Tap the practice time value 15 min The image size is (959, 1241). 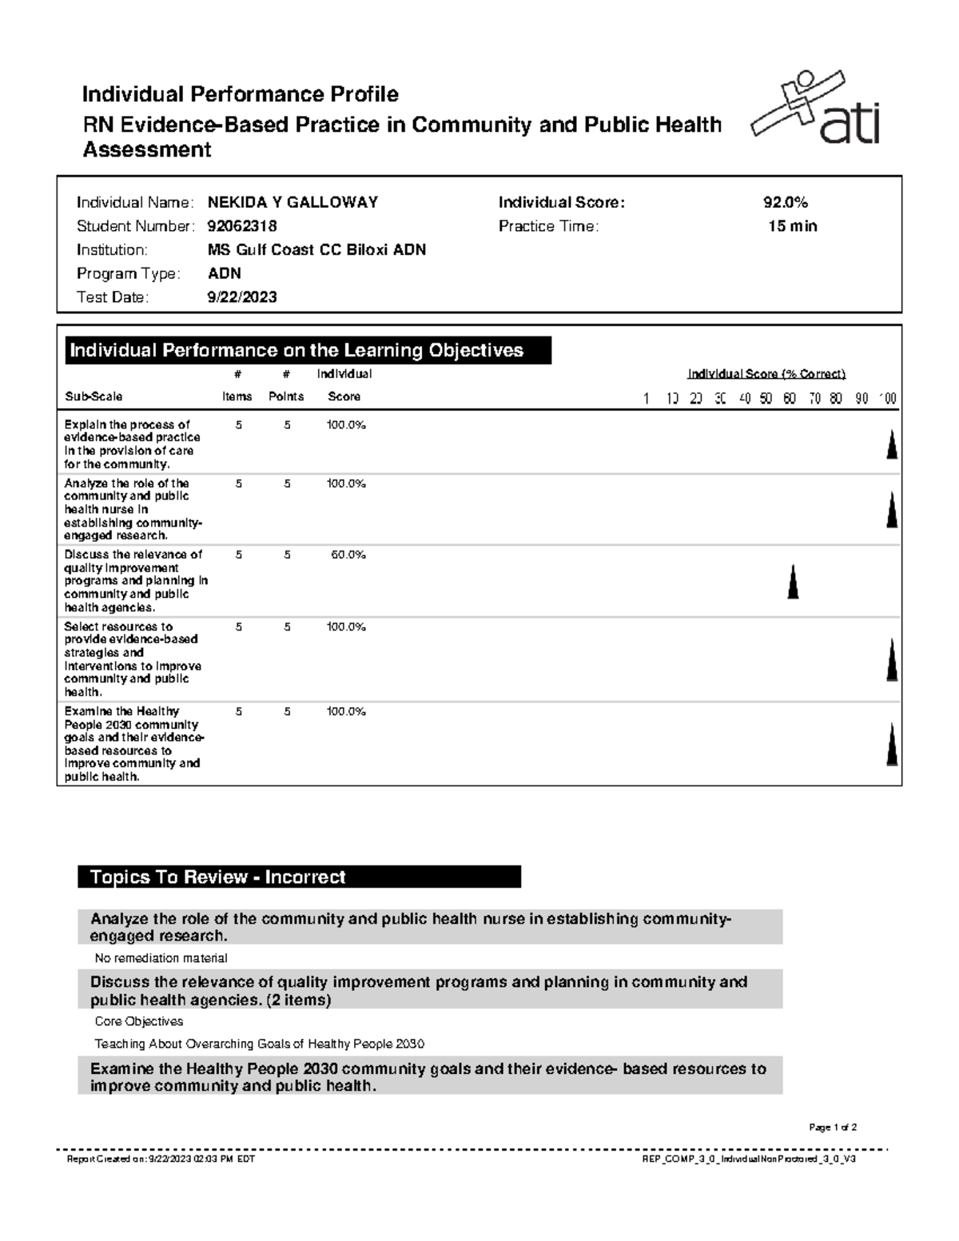coord(792,226)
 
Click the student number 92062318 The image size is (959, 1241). coord(242,226)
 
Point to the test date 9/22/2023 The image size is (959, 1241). coord(242,297)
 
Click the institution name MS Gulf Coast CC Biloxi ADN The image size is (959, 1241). coord(316,250)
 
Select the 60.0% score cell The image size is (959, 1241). coord(348,555)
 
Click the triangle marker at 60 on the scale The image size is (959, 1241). coord(793,582)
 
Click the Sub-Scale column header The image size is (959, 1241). coord(94,396)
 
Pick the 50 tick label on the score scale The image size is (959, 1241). coord(766,398)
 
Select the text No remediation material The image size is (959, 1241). coord(161,958)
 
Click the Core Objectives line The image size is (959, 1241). coord(139,1021)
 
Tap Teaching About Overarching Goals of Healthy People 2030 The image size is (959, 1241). coord(259,1044)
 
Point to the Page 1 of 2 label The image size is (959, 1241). coord(833,1128)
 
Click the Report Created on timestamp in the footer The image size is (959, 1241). coord(161,1159)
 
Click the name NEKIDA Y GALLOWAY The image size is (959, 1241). coord(292,203)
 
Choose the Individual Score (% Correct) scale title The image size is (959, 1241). coord(766,374)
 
